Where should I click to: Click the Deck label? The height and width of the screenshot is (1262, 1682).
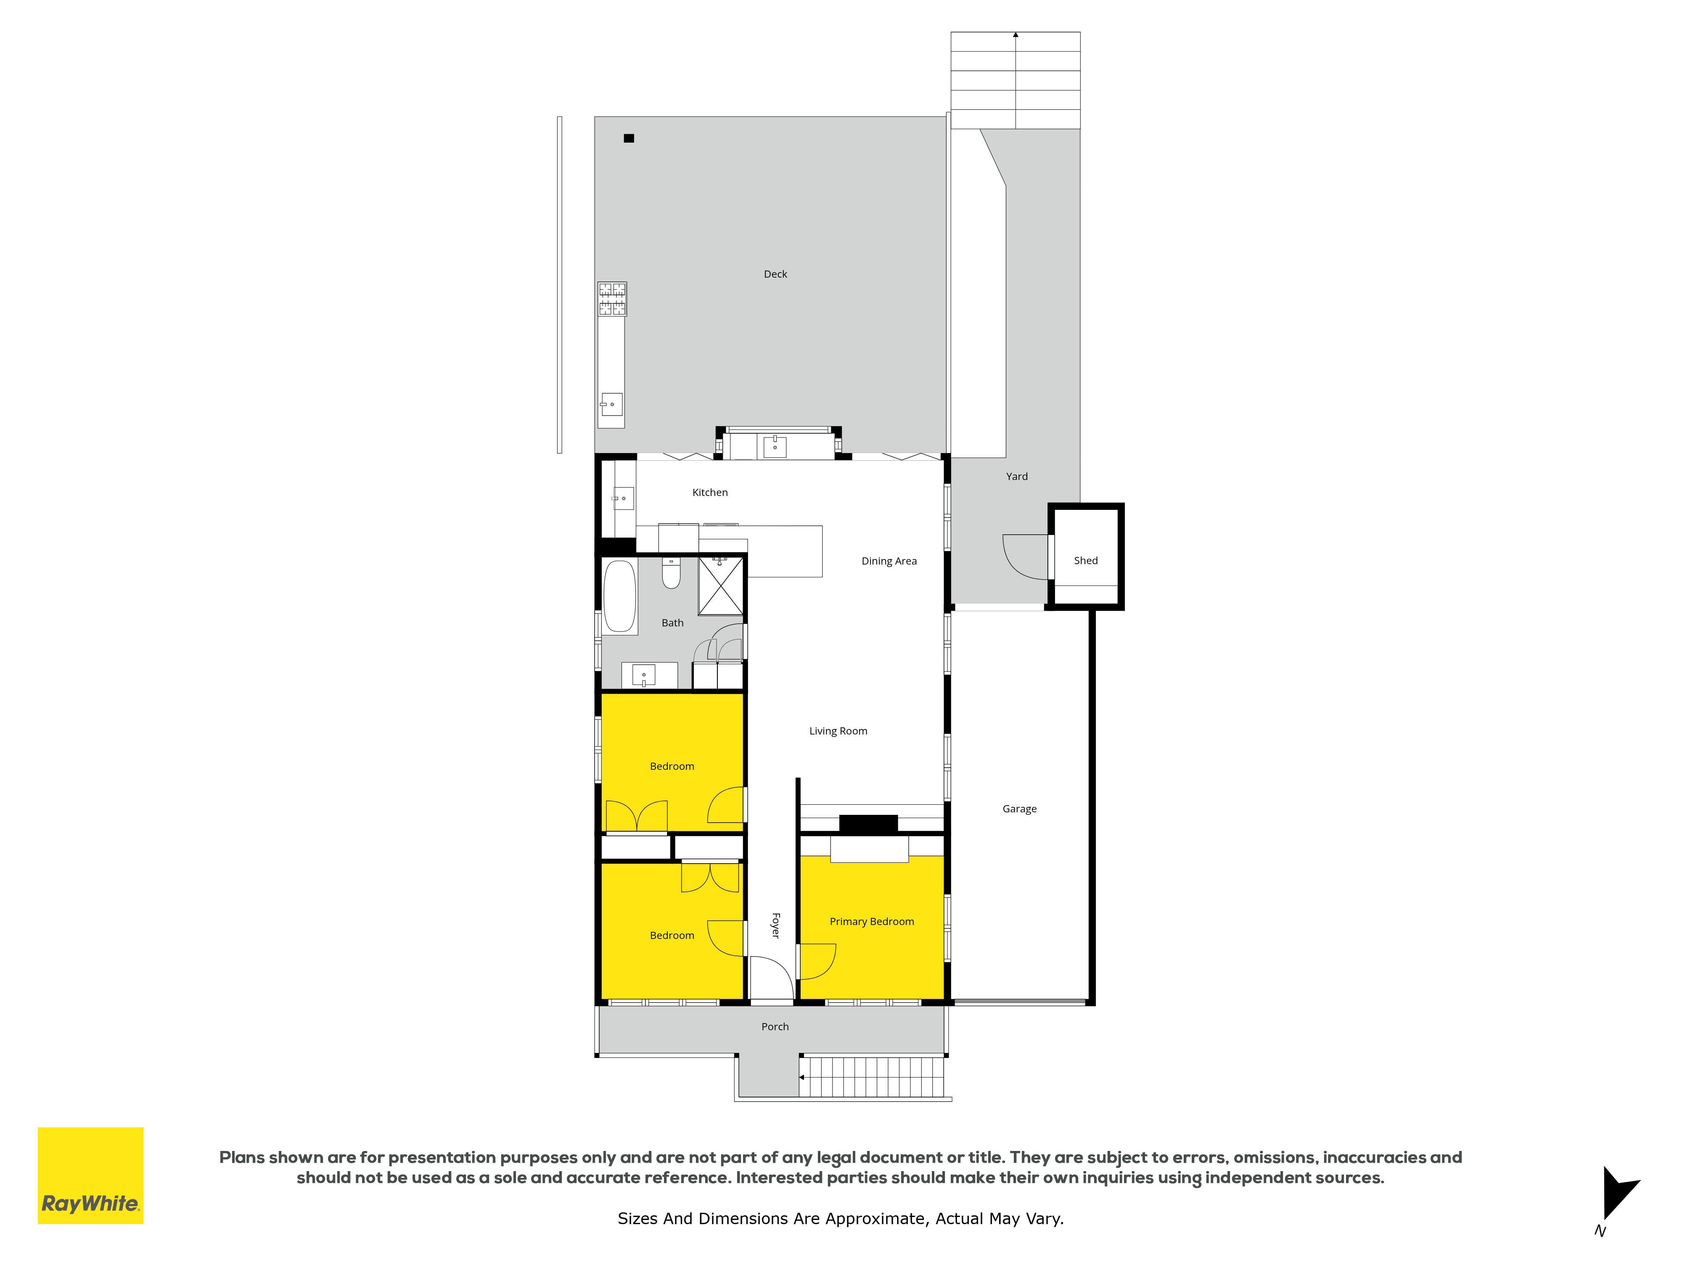(x=775, y=274)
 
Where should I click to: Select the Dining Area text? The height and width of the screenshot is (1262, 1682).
(x=889, y=561)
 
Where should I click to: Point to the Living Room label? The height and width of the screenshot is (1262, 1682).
(x=838, y=731)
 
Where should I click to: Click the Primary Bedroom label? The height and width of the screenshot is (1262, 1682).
(x=871, y=921)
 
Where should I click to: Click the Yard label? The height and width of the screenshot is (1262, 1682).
(x=1017, y=476)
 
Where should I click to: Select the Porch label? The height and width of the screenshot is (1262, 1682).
(x=775, y=1026)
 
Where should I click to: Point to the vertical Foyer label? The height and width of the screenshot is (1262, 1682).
(x=775, y=926)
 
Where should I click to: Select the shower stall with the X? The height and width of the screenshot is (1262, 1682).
(x=720, y=585)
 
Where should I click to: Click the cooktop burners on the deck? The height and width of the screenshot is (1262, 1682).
(x=612, y=299)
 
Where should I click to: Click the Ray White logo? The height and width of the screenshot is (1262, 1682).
(x=90, y=1175)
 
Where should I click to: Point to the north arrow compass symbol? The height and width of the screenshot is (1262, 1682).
(x=1620, y=1194)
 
